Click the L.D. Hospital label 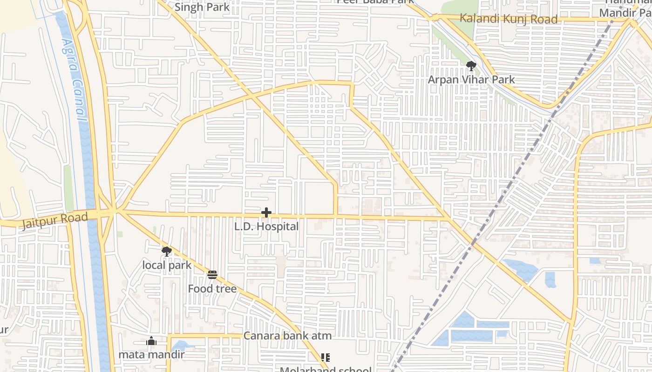tap(266, 226)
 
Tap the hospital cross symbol tap(266, 213)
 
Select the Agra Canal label tap(75, 79)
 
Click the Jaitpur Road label tap(55, 220)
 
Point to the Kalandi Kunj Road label tap(508, 19)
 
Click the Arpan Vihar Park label tap(471, 80)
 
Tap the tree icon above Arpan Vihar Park tap(471, 66)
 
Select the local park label tap(167, 265)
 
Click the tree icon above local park tap(166, 252)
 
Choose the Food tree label tap(212, 289)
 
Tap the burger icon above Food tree tap(212, 275)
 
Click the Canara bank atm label tap(287, 336)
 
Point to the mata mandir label tap(151, 355)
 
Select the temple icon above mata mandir tap(151, 342)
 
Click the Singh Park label tap(202, 7)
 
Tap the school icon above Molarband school tap(326, 357)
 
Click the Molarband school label tap(326, 369)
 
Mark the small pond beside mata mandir tap(179, 345)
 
